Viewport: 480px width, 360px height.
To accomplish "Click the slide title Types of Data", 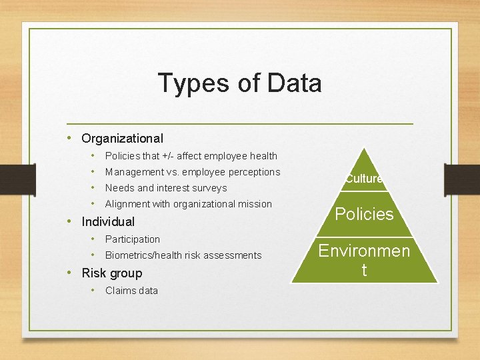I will click(240, 83).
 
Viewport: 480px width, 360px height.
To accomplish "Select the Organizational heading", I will click(122, 139).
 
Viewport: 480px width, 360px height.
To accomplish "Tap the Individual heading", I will click(108, 222).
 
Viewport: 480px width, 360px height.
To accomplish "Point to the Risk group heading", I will click(112, 273).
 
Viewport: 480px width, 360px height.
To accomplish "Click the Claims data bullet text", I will click(131, 291).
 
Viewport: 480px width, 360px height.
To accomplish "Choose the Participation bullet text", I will click(133, 239).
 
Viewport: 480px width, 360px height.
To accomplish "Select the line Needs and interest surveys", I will click(166, 188).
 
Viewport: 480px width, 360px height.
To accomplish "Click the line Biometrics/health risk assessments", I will click(183, 255).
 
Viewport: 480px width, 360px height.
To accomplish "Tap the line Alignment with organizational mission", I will click(189, 204).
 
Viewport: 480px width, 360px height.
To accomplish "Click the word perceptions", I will click(254, 172).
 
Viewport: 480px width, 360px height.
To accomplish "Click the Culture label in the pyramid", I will click(363, 179).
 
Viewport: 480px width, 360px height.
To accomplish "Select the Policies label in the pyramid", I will click(364, 214).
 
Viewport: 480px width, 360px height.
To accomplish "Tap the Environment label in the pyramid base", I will click(364, 260).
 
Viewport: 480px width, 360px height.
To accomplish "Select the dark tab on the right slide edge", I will click(461, 181).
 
